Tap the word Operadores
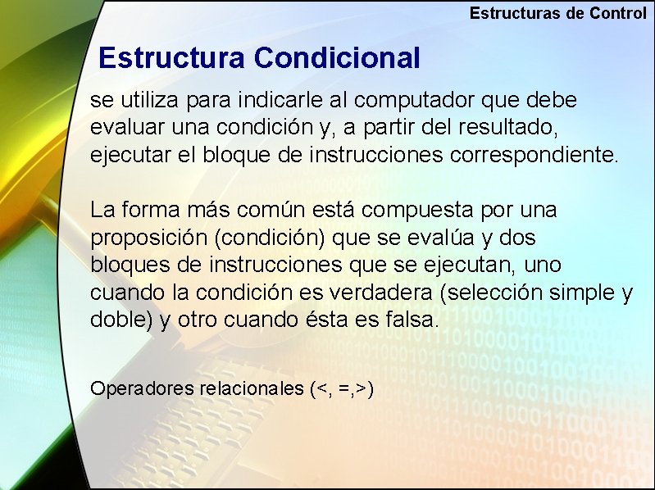[142, 388]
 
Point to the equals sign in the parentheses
[344, 389]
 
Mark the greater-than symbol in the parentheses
[362, 389]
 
